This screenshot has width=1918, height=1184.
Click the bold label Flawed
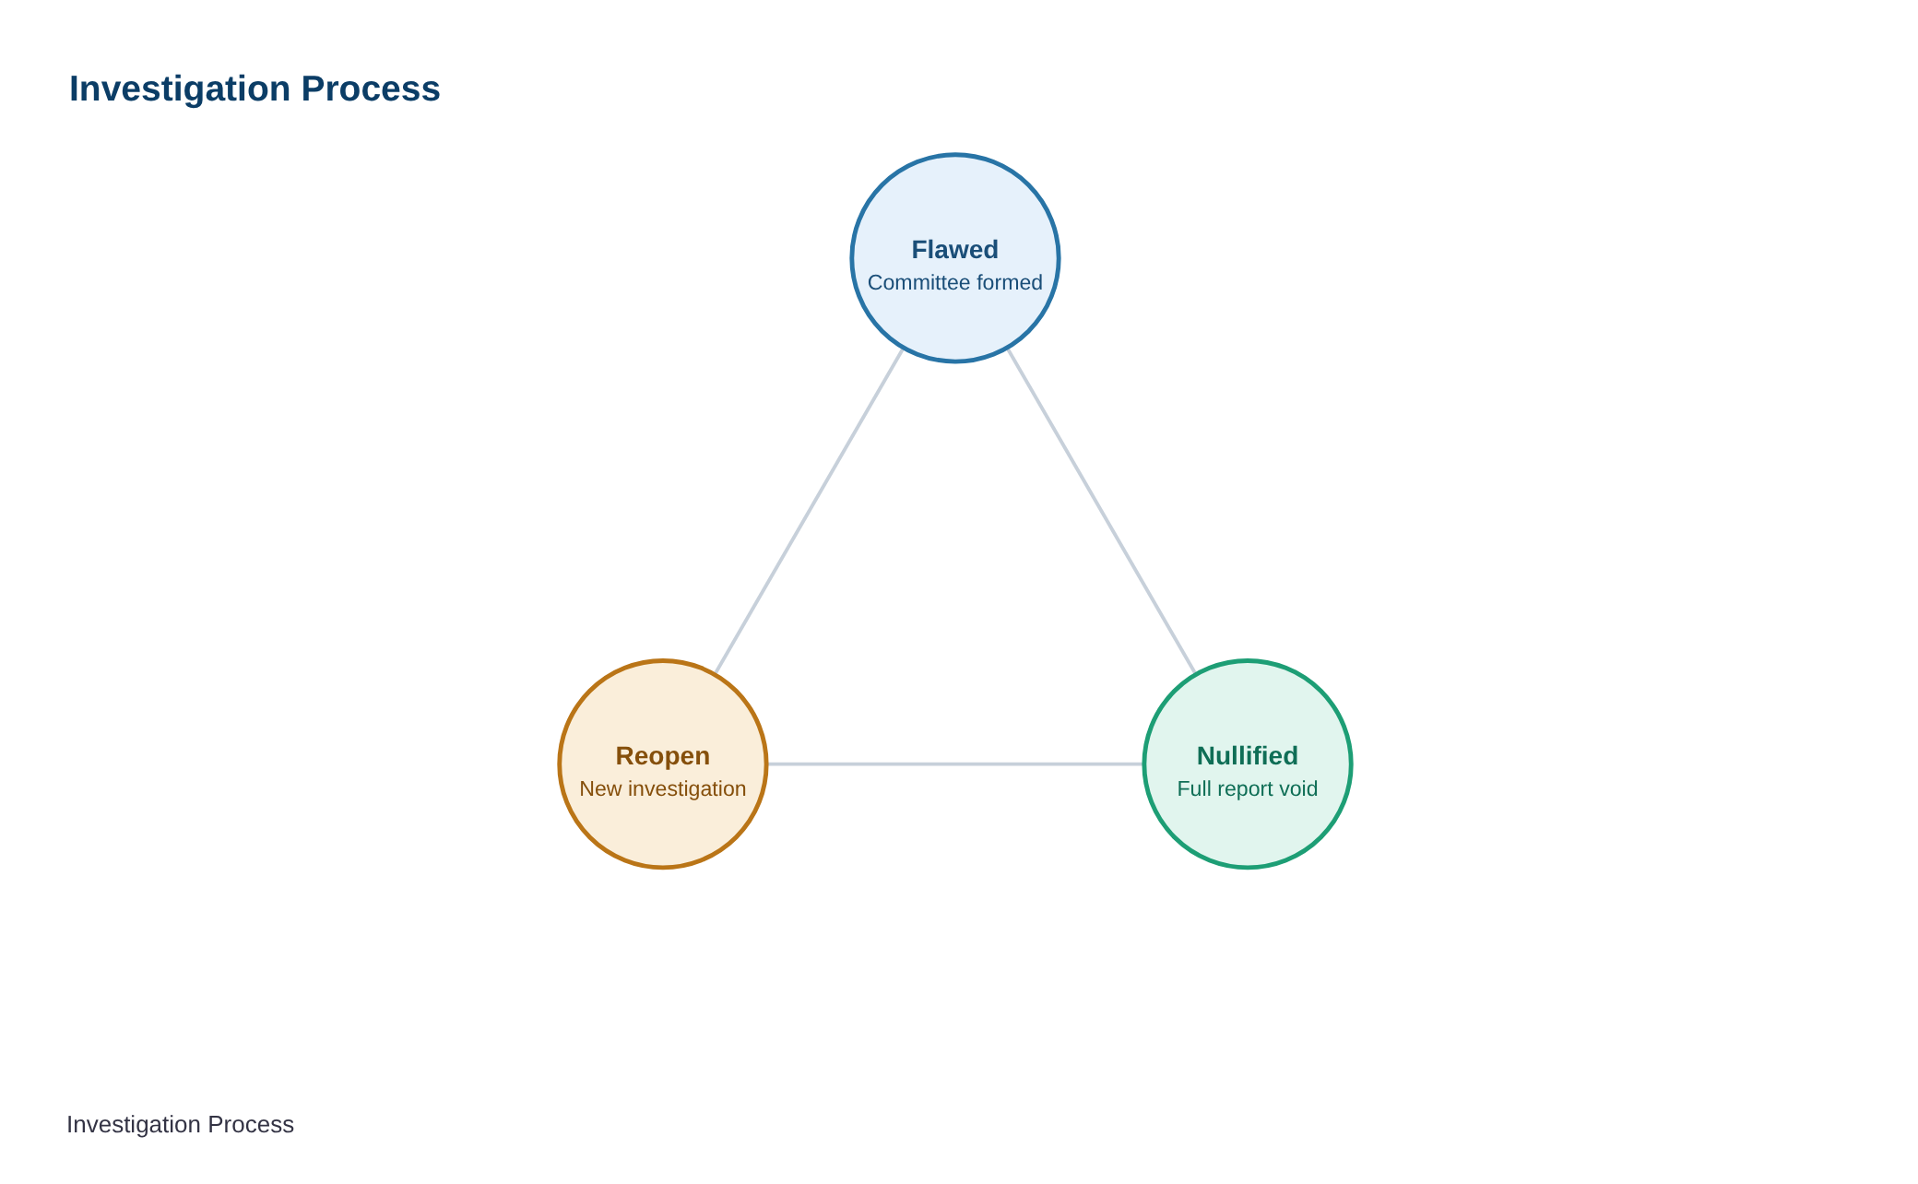[954, 250]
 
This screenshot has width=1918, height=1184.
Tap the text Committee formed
[954, 282]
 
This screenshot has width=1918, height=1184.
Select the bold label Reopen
[662, 756]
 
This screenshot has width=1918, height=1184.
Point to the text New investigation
[662, 788]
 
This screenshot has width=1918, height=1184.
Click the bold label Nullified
[1247, 756]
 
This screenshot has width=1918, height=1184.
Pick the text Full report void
[1247, 788]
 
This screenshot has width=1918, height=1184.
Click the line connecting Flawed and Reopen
[809, 511]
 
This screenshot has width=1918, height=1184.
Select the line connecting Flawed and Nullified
[1101, 511]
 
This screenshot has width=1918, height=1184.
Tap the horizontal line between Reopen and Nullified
[954, 764]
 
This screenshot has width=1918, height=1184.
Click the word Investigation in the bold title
[180, 89]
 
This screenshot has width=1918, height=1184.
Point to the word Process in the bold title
[371, 89]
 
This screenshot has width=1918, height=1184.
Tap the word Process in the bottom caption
[251, 1124]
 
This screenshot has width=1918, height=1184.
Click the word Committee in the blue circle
[913, 282]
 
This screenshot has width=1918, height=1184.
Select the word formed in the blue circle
[1003, 282]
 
